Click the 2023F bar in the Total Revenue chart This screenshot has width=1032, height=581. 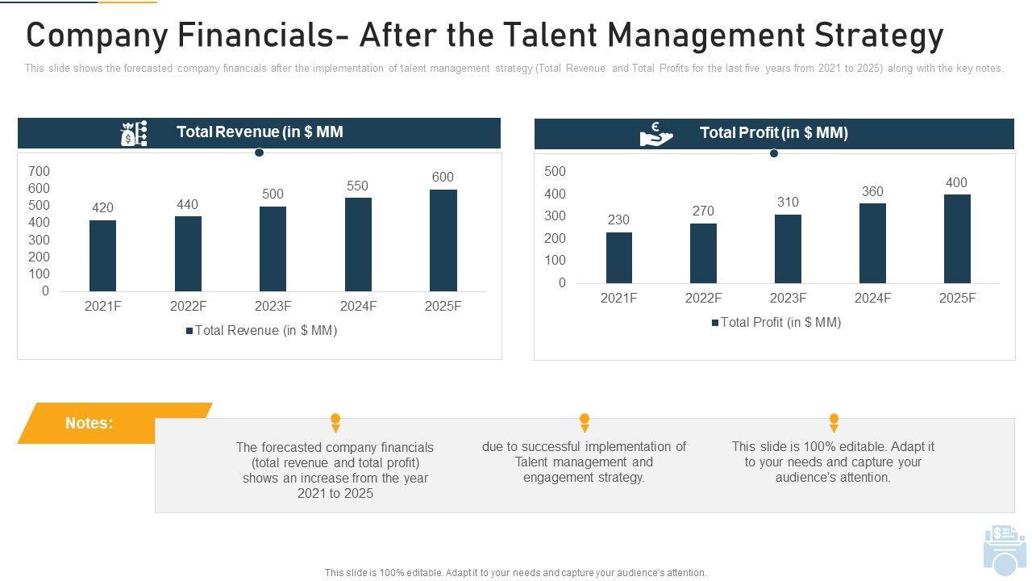[273, 249]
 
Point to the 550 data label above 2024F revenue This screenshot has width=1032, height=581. [357, 186]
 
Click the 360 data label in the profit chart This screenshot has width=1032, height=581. [872, 192]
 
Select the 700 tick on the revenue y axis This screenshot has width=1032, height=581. [39, 171]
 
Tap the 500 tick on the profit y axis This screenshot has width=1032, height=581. [555, 171]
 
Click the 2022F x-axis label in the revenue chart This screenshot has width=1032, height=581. [188, 307]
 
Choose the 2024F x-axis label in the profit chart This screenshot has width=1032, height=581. [872, 299]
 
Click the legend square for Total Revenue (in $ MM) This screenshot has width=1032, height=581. [189, 331]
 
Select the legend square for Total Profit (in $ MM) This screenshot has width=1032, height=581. [714, 323]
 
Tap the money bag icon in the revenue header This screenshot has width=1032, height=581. [133, 133]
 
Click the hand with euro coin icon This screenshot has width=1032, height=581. [655, 134]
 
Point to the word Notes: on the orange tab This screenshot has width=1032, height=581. [89, 423]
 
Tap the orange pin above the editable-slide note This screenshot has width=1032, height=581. [834, 422]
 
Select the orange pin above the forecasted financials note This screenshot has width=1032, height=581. [335, 422]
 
